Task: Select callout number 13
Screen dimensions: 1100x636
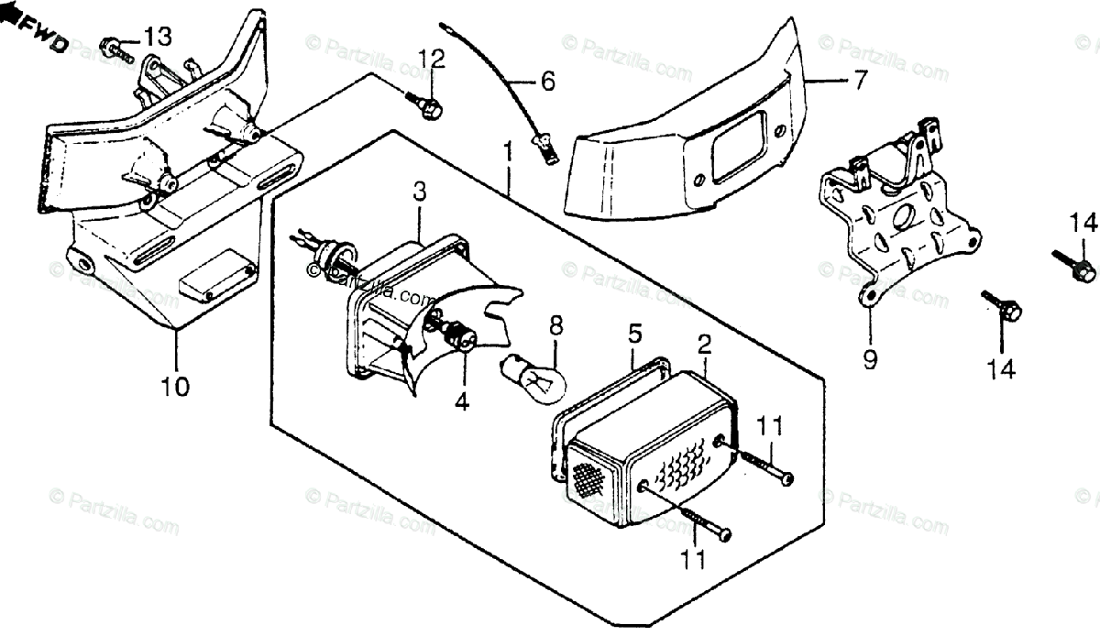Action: click(158, 37)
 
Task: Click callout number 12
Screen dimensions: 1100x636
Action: click(432, 59)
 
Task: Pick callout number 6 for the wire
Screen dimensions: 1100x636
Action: click(547, 81)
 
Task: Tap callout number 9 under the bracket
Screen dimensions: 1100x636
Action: click(870, 359)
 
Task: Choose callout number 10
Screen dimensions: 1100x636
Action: click(175, 387)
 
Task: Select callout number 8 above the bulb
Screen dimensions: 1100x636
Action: click(555, 325)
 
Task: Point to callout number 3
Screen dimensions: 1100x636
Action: click(420, 192)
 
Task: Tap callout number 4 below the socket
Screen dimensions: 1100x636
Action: click(462, 401)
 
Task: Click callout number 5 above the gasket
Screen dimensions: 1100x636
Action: click(635, 334)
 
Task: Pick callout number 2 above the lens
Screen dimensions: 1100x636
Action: click(704, 345)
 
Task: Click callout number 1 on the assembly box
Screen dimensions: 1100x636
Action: click(508, 152)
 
